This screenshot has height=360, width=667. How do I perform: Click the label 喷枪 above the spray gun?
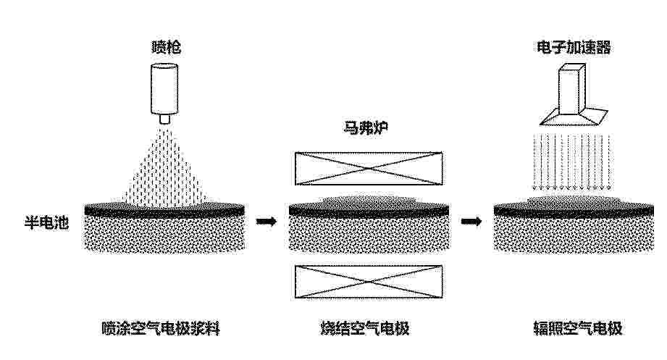[x=167, y=46]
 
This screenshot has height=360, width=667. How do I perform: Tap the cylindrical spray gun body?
[x=164, y=89]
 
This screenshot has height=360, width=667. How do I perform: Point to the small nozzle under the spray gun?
[x=164, y=119]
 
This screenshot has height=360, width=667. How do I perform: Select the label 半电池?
[x=46, y=222]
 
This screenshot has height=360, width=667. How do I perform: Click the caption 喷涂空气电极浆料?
[x=161, y=328]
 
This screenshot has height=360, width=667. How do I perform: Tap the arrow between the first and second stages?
[x=267, y=221]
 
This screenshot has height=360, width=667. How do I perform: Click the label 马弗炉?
[x=366, y=127]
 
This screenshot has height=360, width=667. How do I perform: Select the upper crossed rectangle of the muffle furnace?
[x=369, y=169]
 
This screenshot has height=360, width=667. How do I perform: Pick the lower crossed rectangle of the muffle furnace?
[x=369, y=282]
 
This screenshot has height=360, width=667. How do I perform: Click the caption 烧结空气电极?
[x=365, y=328]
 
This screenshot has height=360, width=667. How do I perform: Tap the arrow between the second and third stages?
[x=471, y=221]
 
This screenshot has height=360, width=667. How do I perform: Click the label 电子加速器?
[x=574, y=47]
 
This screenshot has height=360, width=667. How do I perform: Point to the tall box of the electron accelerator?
[x=571, y=88]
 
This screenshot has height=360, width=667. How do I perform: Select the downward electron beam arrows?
[x=572, y=162]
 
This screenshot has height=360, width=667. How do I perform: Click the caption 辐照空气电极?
[x=578, y=328]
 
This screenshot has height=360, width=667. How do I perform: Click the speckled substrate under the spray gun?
[x=164, y=233]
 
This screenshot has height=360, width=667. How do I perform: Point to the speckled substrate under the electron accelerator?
[x=574, y=233]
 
